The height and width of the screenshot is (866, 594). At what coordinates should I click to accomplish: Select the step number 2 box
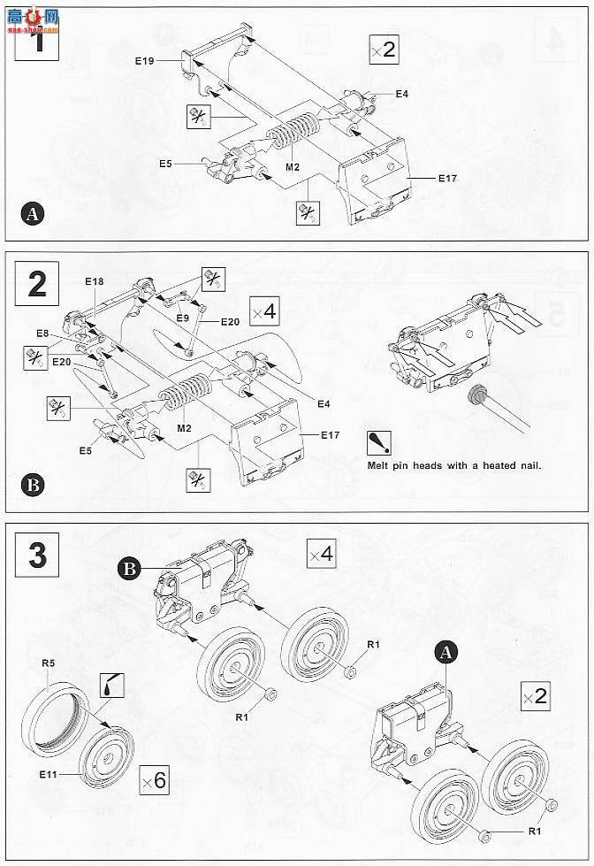pos(36,283)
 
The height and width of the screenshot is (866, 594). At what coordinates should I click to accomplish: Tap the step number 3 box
pos(36,555)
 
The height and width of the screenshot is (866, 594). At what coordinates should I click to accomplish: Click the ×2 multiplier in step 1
pos(383,51)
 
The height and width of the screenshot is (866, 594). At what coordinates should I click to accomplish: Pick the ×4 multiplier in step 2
pos(263,311)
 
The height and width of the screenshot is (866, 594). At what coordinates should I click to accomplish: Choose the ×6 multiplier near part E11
pos(153,780)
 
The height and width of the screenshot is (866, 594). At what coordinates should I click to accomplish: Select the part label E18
pos(94,280)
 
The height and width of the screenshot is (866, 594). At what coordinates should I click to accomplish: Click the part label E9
pos(182,318)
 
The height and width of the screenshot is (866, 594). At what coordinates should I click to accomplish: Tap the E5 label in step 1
pos(165,164)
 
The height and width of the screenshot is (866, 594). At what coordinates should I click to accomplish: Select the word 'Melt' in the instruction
pos(382,465)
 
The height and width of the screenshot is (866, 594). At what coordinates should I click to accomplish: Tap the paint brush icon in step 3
pos(114,685)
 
